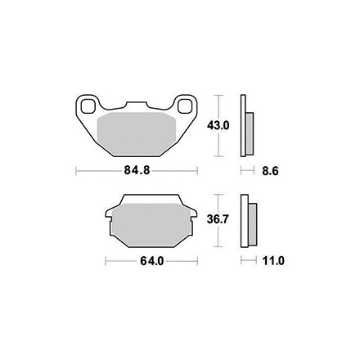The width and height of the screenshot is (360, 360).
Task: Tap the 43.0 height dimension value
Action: (218, 125)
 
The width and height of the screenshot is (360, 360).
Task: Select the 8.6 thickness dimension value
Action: (270, 171)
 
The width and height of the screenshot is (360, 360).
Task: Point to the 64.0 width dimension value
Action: (152, 261)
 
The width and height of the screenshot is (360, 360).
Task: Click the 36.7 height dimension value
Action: (218, 219)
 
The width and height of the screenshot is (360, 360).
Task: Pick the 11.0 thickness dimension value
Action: (273, 261)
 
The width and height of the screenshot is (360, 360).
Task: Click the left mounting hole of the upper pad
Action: (87, 106)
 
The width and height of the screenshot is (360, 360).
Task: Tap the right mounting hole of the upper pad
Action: (183, 106)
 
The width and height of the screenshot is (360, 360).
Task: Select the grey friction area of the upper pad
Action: (136, 133)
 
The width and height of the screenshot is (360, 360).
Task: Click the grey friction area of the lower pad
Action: (151, 225)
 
